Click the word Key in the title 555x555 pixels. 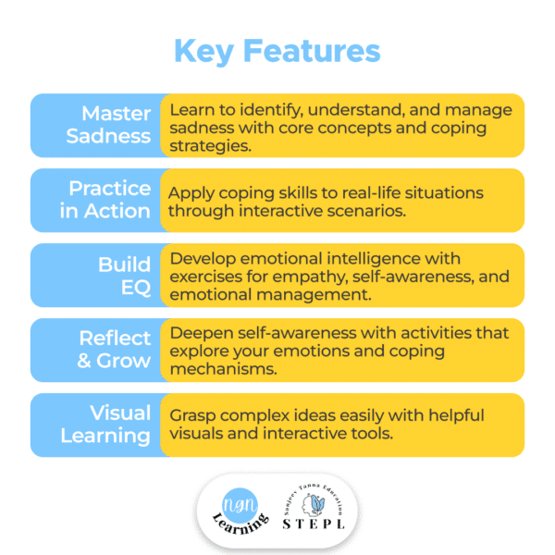[203, 52]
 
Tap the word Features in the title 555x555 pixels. [312, 51]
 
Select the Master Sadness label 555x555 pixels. [108, 125]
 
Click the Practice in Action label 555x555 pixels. [105, 200]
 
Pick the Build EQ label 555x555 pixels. [125, 276]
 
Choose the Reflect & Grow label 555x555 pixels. [114, 350]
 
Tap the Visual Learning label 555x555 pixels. [105, 424]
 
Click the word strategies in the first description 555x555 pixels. [210, 146]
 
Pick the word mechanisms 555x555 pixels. [223, 369]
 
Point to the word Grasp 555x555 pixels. [192, 416]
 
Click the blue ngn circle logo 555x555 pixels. [240, 505]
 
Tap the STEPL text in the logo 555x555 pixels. [314, 524]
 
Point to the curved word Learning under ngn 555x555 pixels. [241, 524]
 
